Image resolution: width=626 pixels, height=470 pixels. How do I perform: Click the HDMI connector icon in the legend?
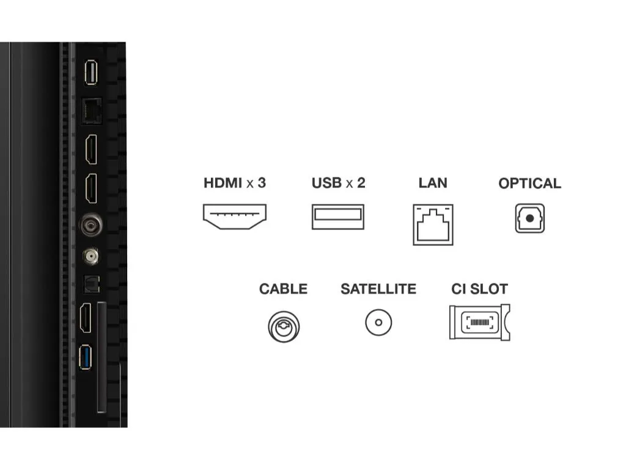point(235,217)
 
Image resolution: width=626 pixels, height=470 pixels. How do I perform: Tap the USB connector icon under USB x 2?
point(337,217)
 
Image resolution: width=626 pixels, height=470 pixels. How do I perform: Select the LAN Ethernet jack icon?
point(433,224)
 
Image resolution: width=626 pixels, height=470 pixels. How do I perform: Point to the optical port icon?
point(529,218)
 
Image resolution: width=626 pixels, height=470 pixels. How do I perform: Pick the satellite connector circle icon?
point(378,323)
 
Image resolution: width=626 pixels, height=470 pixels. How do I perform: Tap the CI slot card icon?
point(479,323)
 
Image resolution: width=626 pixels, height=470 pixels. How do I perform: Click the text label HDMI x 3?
point(235,182)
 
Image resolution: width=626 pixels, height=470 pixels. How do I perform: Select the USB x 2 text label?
point(338,182)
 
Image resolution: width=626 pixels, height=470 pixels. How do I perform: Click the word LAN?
point(433,182)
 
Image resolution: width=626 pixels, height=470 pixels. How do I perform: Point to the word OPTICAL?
point(529,183)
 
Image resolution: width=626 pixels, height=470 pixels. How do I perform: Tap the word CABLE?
point(283,289)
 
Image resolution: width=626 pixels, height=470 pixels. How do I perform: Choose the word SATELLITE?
point(378,289)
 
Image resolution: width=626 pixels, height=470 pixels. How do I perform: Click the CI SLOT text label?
point(479,289)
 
